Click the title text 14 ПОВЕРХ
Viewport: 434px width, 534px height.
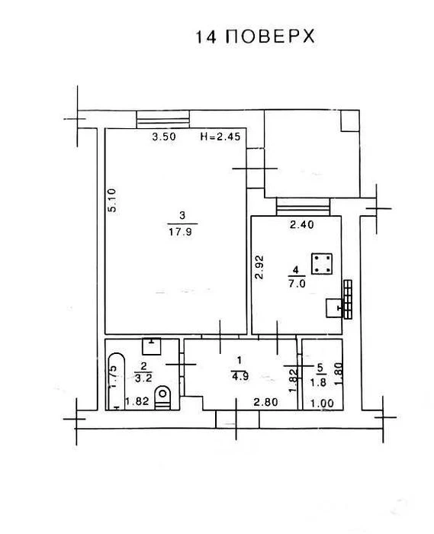[x=255, y=36]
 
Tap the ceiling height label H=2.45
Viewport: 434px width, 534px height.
[x=220, y=137]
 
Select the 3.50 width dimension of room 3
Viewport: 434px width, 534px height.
[x=164, y=137]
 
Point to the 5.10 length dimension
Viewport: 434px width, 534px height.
[x=112, y=200]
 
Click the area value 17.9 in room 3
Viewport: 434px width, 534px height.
[x=181, y=232]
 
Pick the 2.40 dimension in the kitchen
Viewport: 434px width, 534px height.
[x=301, y=224]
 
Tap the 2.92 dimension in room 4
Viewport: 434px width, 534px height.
[x=259, y=267]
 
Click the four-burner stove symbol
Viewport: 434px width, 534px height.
[x=322, y=264]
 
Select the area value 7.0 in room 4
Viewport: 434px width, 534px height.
[x=297, y=284]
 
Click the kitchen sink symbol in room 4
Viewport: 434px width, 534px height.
[x=334, y=308]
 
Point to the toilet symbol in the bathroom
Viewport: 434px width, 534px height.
[x=162, y=397]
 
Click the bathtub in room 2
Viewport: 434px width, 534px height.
[x=116, y=381]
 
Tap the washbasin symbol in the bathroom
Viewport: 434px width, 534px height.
[x=152, y=346]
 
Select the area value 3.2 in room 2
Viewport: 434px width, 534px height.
[x=143, y=378]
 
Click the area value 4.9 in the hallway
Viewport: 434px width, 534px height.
[x=240, y=376]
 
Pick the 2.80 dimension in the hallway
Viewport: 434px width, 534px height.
[x=266, y=402]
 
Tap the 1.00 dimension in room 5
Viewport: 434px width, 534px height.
[x=322, y=404]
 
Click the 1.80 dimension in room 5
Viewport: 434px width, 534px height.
[x=338, y=374]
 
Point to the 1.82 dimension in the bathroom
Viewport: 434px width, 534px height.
[x=137, y=401]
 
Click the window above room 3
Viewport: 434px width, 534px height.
[x=162, y=119]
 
